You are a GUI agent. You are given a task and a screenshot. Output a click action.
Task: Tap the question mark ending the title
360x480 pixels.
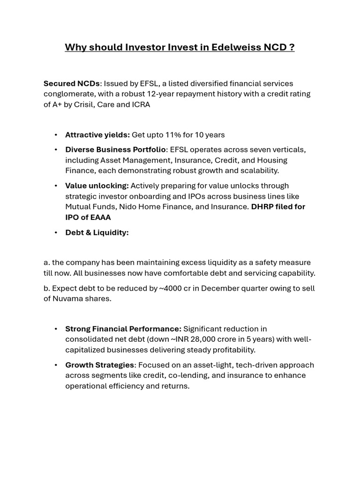click(x=292, y=47)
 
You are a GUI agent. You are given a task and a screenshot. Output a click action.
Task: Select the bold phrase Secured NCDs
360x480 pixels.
click(x=71, y=83)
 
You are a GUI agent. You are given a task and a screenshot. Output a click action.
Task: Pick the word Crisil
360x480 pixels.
click(x=87, y=104)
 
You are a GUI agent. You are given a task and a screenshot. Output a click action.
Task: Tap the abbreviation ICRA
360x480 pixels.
click(x=141, y=104)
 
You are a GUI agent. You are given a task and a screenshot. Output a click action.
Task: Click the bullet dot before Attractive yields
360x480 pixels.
click(x=56, y=135)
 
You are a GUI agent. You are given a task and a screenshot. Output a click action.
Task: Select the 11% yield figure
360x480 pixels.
click(x=173, y=135)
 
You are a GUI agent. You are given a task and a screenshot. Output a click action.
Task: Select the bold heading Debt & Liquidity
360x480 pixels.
click(x=97, y=232)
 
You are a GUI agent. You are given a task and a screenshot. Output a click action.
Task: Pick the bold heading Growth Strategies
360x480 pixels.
click(x=100, y=365)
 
